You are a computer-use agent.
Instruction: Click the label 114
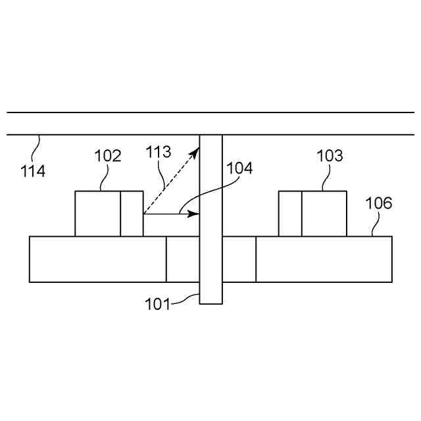(33, 172)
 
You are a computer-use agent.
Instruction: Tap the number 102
(108, 157)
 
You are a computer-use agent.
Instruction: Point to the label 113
(158, 153)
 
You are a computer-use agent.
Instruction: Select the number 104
(239, 168)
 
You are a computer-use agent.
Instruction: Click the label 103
(330, 156)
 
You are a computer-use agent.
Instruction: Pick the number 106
(379, 203)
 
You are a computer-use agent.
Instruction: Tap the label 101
(157, 304)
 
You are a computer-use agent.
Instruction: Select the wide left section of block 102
(97, 213)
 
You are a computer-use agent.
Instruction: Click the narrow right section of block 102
(132, 213)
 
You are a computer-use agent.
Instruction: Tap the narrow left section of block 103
(290, 213)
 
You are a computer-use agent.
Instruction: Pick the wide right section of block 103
(324, 213)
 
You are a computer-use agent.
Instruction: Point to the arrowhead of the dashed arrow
(195, 152)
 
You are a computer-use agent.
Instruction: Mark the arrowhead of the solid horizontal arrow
(195, 214)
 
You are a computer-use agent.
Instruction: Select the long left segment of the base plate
(97, 259)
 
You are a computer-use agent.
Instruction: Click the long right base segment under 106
(324, 259)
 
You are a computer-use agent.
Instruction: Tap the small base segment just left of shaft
(183, 259)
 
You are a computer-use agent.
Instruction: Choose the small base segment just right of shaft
(239, 259)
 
